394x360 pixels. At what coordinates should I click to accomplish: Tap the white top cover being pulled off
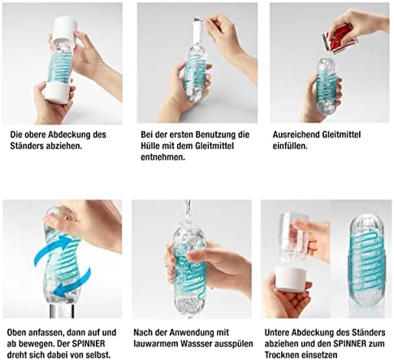(x=64, y=28)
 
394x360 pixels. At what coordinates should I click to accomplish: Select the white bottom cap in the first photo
(x=58, y=92)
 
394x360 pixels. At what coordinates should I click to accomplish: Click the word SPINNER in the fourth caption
(x=89, y=344)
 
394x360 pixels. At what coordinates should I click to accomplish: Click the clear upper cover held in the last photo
(x=293, y=237)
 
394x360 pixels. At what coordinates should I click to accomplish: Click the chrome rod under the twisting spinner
(x=62, y=310)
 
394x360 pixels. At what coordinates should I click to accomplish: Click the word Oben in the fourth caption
(x=17, y=332)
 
